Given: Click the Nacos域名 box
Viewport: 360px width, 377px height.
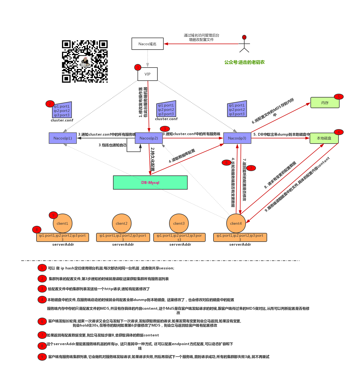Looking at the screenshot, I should tap(147, 44).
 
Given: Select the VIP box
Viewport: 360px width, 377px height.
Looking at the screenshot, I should tap(147, 74).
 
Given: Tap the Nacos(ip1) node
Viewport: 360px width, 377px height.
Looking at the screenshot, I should tap(63, 138).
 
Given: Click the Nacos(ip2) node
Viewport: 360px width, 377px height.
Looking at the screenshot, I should tap(149, 138).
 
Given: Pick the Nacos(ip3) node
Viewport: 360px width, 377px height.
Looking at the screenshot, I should tap(237, 138).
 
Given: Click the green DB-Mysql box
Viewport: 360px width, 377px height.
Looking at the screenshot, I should tap(150, 183).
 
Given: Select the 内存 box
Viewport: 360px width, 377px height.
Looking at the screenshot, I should tap(325, 103).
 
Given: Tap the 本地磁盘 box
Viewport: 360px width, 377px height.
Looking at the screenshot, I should tap(324, 138).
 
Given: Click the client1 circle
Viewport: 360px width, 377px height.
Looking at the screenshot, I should tap(62, 223).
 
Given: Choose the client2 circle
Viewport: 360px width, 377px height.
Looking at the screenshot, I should tap(121, 223).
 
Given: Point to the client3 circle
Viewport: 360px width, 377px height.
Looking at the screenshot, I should tap(179, 223).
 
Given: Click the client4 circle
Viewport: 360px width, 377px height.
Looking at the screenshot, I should tap(236, 223).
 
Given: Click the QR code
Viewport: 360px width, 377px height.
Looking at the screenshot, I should tap(85, 61).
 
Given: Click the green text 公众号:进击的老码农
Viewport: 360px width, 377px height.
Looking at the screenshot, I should tap(244, 62).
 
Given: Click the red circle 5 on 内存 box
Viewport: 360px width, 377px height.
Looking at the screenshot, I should tap(338, 96).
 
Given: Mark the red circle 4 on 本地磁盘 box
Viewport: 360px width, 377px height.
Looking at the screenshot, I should tap(338, 132).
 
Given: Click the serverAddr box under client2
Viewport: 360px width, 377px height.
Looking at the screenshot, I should tap(123, 237).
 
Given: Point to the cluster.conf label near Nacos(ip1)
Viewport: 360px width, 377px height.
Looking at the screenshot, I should tap(62, 120).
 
